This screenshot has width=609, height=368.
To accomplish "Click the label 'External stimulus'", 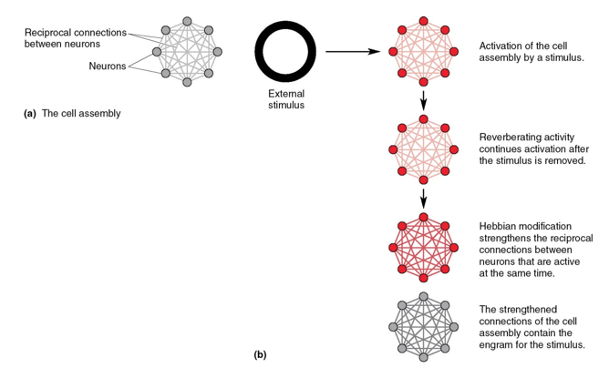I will pyautogui.click(x=286, y=99).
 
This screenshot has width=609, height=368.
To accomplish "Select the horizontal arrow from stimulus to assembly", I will pyautogui.click(x=352, y=51).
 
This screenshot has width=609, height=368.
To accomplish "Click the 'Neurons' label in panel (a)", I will pyautogui.click(x=108, y=66).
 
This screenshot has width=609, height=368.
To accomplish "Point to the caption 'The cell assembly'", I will pyautogui.click(x=81, y=114).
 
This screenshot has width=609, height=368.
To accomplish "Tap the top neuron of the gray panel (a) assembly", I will pyautogui.click(x=187, y=20).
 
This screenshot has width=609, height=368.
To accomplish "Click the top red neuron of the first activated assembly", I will pyautogui.click(x=424, y=19).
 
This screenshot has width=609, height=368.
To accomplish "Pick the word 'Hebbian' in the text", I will pyautogui.click(x=499, y=226).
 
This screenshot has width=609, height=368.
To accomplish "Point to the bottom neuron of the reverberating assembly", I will pyautogui.click(x=424, y=180).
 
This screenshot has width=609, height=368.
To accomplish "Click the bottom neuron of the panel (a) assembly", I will pyautogui.click(x=187, y=82).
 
